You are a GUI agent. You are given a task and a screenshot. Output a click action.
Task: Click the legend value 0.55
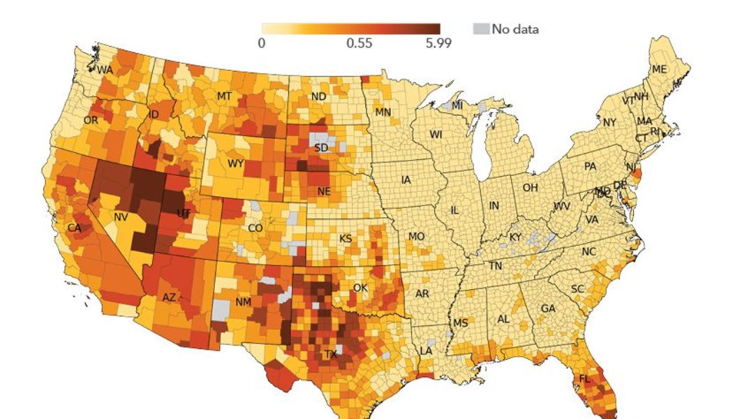[x=359, y=43]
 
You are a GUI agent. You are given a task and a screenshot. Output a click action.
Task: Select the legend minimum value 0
[x=261, y=43]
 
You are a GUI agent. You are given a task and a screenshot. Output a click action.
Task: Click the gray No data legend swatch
[x=481, y=29]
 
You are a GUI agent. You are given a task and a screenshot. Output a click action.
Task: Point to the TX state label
[x=330, y=355]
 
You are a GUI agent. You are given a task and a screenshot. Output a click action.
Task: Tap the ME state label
[x=659, y=69]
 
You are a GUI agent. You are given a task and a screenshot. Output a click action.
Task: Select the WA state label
[x=105, y=70]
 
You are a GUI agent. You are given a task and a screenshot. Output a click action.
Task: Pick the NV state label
[x=121, y=217]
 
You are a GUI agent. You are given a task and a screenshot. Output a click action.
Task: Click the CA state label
[x=74, y=228]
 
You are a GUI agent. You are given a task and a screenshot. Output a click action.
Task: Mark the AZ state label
[x=169, y=297]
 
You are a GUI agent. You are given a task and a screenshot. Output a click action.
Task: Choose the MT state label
[x=224, y=96]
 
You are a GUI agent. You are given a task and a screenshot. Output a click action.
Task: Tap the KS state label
[x=346, y=238]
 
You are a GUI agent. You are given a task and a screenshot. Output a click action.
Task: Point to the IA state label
[x=406, y=179]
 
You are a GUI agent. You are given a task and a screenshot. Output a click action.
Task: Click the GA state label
[x=549, y=308]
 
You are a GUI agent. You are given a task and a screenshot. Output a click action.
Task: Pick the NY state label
[x=609, y=122]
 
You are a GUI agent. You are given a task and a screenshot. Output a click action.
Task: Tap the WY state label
[x=235, y=164]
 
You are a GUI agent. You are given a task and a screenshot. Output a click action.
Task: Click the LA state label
[x=424, y=349]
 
